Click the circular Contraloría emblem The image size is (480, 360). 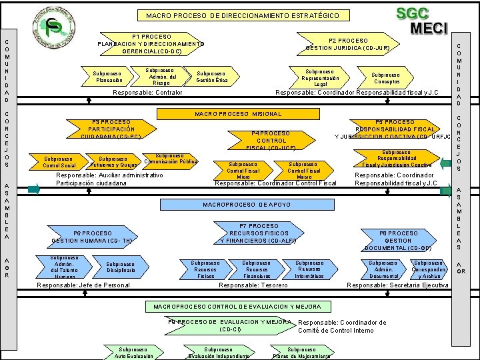point(54,29)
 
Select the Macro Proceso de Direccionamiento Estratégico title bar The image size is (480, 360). point(242,15)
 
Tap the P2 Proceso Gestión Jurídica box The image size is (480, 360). point(347,44)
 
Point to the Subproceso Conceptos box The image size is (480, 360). point(385,78)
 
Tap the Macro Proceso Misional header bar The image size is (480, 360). point(237,114)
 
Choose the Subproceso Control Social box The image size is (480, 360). point(59,162)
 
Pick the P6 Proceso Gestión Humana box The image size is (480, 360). point(92,237)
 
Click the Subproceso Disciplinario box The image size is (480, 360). point(120,267)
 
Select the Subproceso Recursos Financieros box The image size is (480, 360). point(256,269)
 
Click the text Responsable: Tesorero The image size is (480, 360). point(253,285)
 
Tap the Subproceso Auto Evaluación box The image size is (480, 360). point(133,353)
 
